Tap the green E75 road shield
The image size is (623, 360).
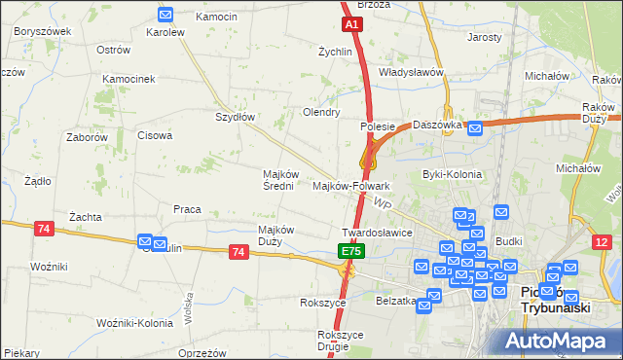click(351, 252)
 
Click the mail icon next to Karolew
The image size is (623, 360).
click(165, 15)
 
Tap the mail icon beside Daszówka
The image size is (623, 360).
click(474, 127)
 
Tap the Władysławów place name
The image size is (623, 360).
click(411, 73)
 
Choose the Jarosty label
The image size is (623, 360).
click(484, 37)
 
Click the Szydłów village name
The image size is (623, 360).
click(235, 117)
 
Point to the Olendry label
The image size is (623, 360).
click(321, 113)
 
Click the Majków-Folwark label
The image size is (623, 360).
click(351, 185)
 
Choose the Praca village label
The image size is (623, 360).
click(187, 209)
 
